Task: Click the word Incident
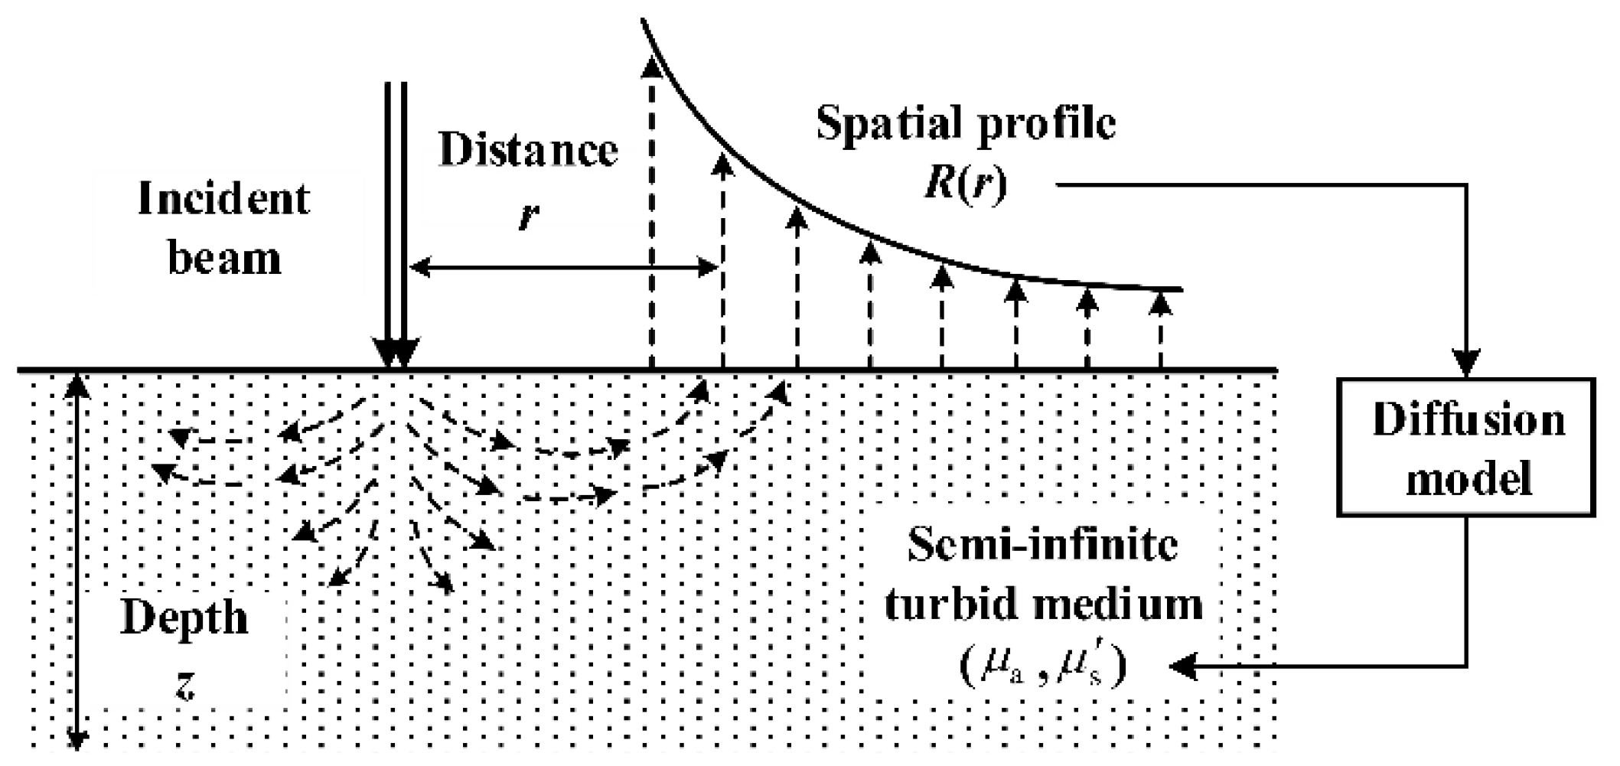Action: click(223, 200)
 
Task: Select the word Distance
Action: click(528, 150)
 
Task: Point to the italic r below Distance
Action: click(528, 216)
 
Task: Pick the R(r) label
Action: click(966, 184)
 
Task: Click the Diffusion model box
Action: click(1466, 448)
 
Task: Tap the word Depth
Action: click(185, 618)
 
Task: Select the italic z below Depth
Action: click(184, 686)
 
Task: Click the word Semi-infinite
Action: click(1042, 546)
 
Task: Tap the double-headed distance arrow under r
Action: click(564, 267)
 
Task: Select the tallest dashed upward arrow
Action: click(651, 214)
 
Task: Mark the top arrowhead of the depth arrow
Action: click(77, 384)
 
